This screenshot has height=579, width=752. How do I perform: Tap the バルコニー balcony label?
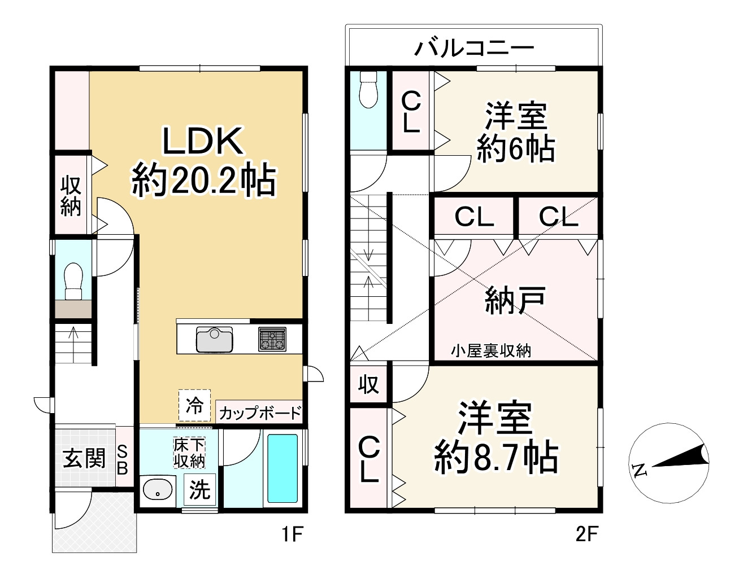(473, 47)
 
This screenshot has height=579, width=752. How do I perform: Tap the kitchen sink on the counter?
(214, 339)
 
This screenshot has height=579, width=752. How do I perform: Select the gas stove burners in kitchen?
(272, 339)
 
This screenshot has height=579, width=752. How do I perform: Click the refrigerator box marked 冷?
(194, 405)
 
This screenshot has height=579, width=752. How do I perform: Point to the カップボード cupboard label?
(260, 413)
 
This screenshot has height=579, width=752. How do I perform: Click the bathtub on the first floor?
(282, 468)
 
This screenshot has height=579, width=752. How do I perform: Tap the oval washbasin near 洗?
(158, 489)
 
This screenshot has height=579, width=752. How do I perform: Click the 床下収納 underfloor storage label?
(189, 453)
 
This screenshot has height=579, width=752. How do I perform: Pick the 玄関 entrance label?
(84, 458)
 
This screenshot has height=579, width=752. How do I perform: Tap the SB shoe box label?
(123, 459)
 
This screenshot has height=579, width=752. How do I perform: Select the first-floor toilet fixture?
(73, 280)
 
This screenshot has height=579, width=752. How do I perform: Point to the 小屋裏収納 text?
(490, 351)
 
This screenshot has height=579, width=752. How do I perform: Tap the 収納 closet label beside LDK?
(71, 196)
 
